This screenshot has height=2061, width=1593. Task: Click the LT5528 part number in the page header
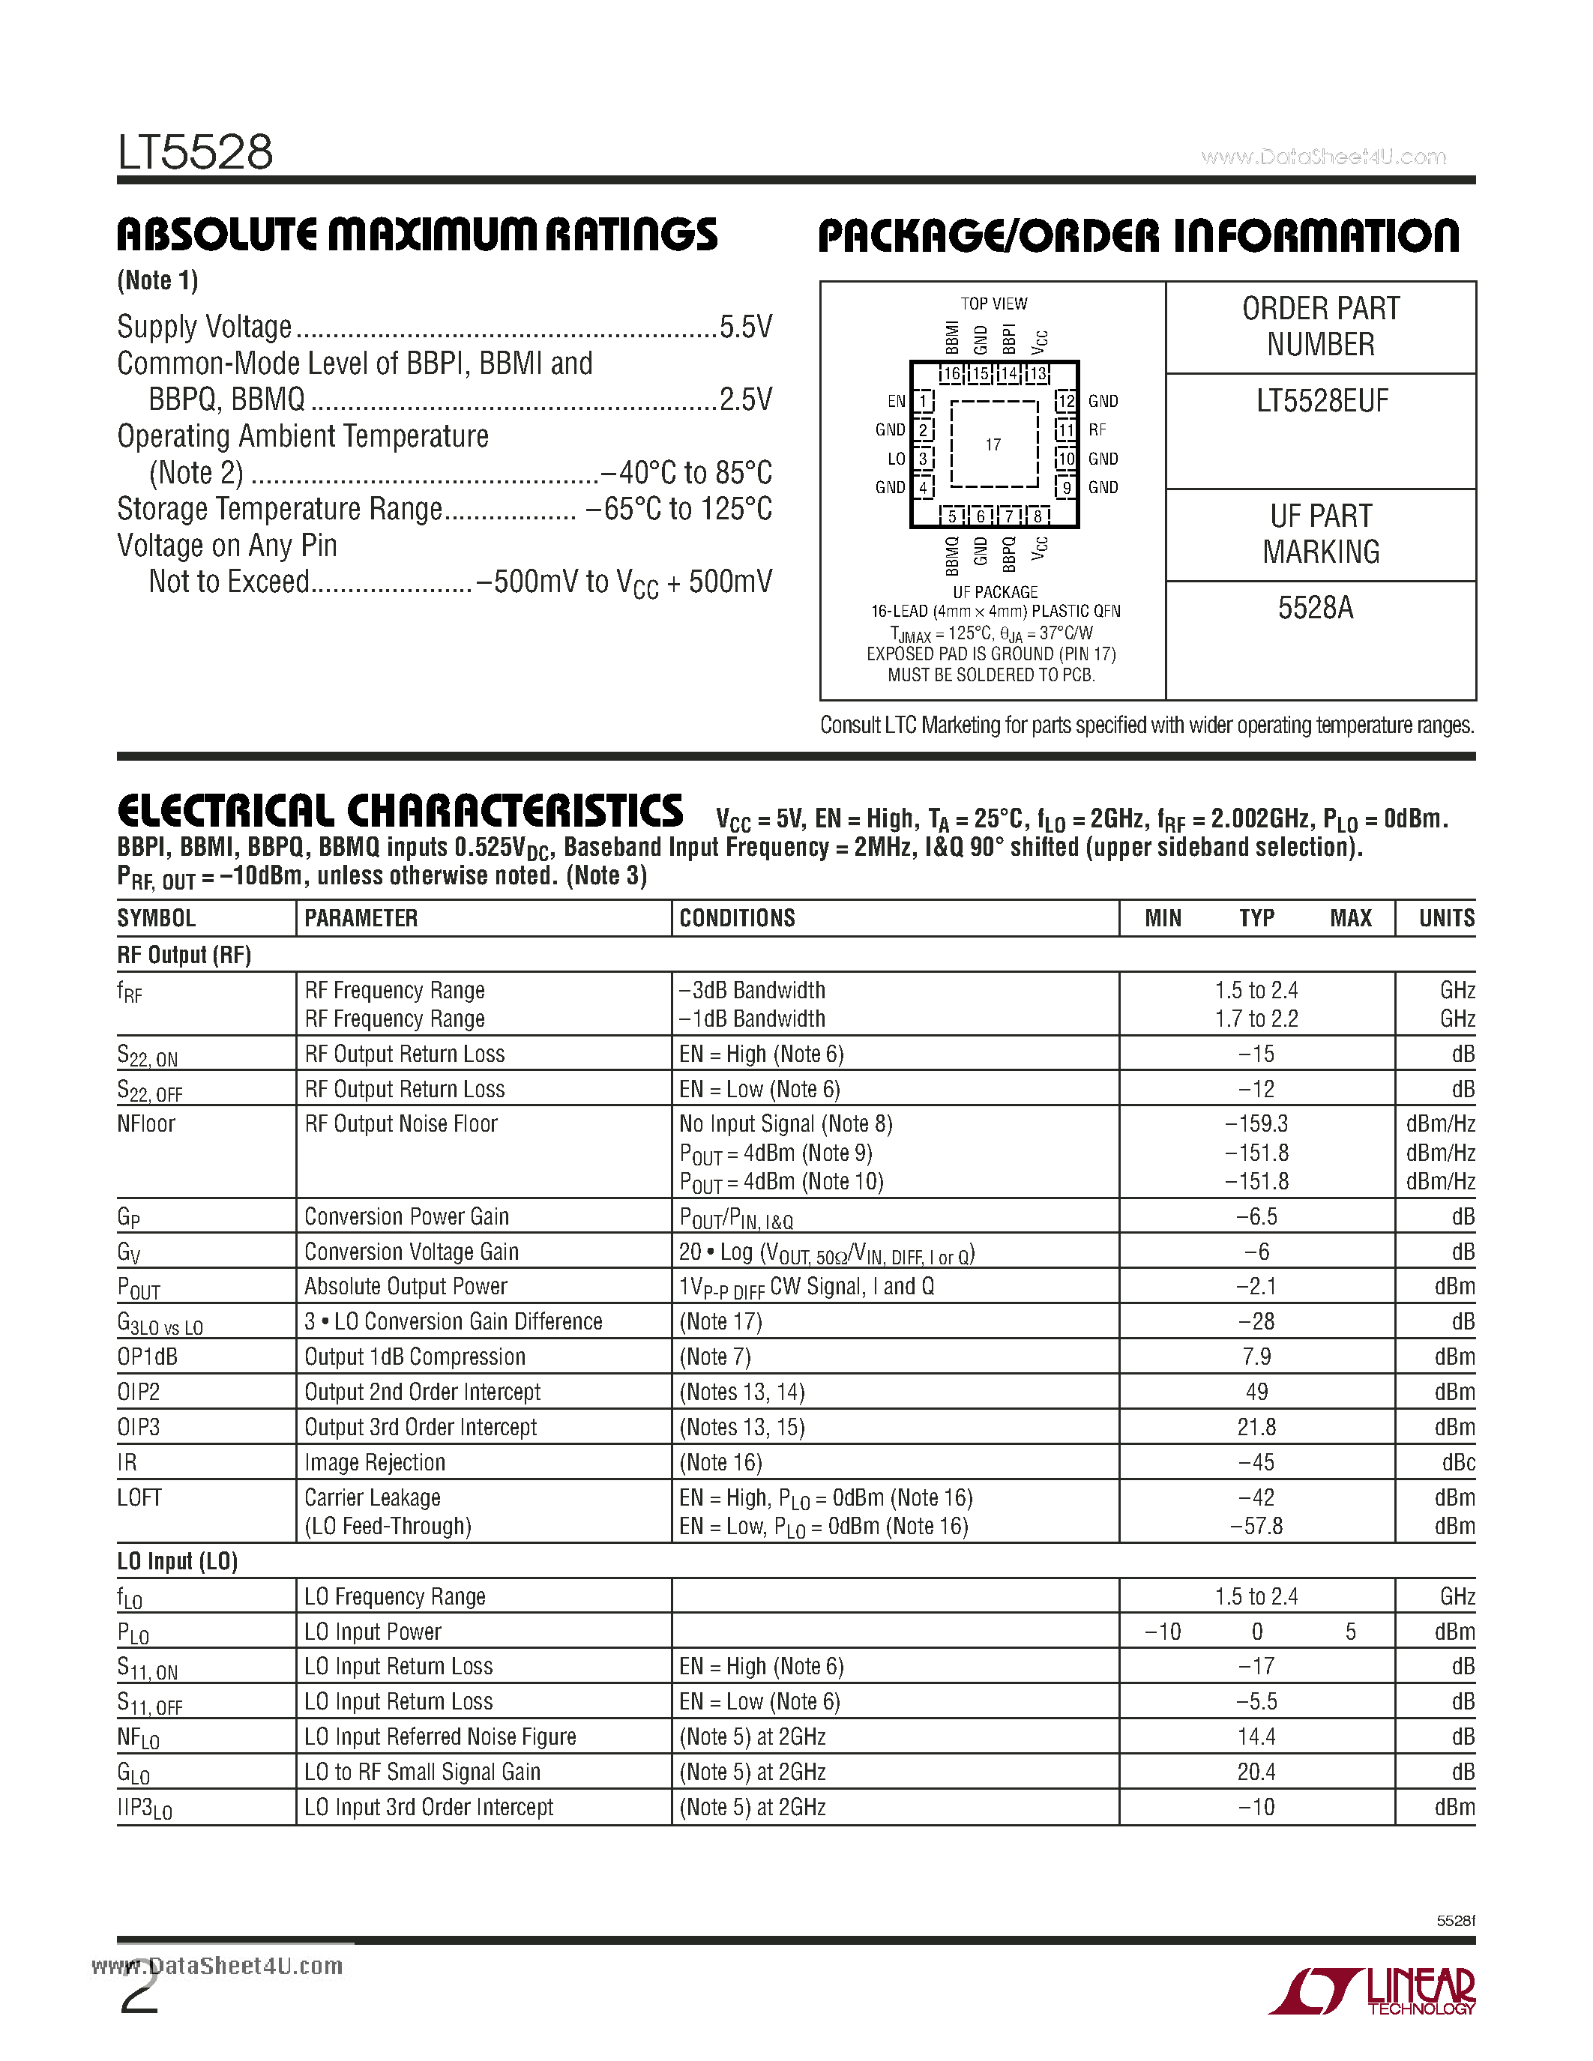tap(196, 152)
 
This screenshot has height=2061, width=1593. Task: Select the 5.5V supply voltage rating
tap(746, 328)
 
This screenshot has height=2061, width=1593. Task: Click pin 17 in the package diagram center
tap(993, 444)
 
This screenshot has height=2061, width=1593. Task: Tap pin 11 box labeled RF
tap(1065, 430)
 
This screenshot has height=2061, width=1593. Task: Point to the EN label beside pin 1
tap(896, 402)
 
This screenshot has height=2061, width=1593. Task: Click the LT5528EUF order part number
tap(1321, 402)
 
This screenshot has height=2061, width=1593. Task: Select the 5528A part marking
tap(1316, 608)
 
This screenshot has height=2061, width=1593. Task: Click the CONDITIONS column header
tap(737, 918)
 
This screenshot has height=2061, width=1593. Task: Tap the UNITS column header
tap(1446, 918)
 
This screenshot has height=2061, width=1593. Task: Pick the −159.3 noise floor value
tap(1256, 1124)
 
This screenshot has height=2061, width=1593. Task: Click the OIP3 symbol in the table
tap(139, 1427)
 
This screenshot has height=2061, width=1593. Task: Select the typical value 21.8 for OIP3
tap(1256, 1427)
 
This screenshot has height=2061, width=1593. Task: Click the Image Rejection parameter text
tap(375, 1463)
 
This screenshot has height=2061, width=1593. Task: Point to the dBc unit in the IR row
tap(1457, 1463)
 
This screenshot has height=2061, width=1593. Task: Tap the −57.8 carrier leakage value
tap(1256, 1526)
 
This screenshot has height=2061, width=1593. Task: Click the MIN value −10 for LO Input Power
tap(1163, 1632)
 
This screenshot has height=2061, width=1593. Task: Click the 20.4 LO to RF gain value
tap(1256, 1772)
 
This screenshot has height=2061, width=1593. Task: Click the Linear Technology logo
tap(1373, 1991)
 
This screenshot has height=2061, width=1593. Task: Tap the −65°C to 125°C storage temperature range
tap(678, 510)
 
